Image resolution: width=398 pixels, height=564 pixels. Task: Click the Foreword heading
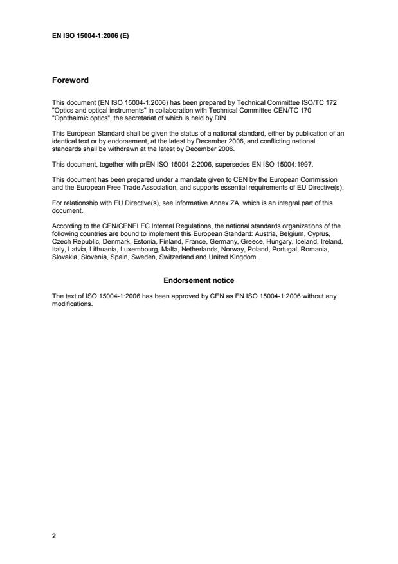(70, 81)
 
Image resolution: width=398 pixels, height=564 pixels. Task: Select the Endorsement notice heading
(199, 281)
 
